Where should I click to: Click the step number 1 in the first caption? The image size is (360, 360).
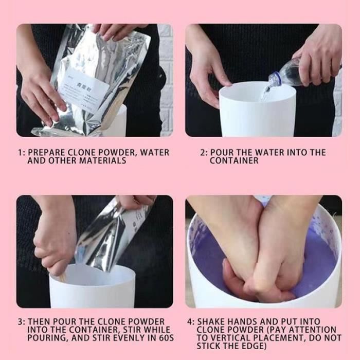(x=20, y=153)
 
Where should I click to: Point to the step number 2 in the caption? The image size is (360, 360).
(x=202, y=153)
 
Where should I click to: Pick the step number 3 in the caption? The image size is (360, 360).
(x=20, y=321)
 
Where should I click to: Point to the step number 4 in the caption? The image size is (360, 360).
(x=190, y=321)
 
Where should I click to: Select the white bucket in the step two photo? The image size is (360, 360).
(x=257, y=113)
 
